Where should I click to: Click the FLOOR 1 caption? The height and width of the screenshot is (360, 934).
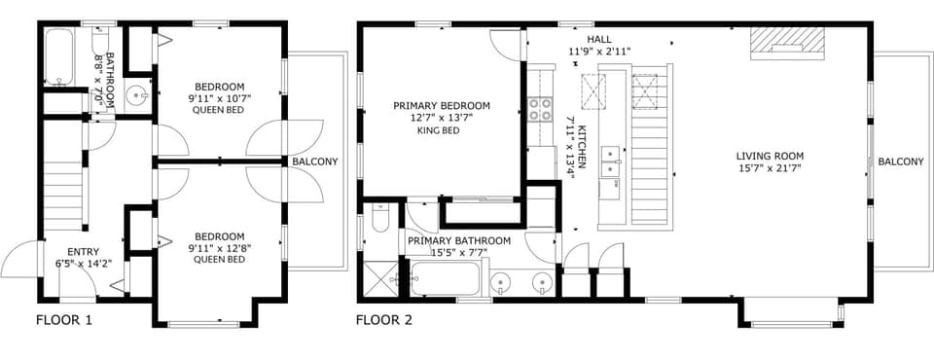click(64, 319)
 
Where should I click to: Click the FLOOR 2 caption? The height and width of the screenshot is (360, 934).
click(384, 319)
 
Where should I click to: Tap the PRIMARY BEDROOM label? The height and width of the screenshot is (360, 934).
click(441, 106)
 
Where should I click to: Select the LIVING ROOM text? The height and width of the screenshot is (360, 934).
click(769, 156)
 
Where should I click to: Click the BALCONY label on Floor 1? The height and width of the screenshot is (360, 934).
click(314, 162)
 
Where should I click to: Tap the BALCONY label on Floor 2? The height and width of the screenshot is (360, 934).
click(900, 162)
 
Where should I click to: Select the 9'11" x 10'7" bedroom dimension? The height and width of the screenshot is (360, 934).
click(218, 98)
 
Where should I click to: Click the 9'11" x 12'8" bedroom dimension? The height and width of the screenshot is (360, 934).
click(218, 248)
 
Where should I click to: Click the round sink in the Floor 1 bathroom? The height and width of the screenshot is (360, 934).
click(137, 94)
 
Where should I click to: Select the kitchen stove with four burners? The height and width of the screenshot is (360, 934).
click(540, 109)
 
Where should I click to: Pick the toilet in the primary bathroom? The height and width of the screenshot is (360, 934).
click(379, 222)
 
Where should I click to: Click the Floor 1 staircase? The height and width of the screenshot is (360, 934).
click(61, 190)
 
